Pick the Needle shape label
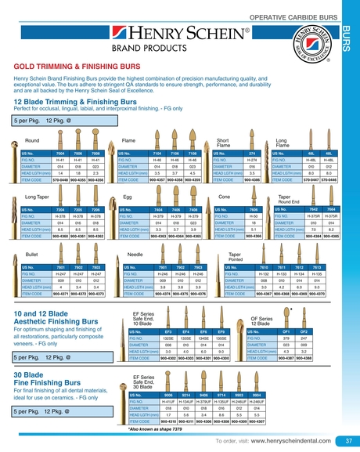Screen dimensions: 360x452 pyautogui.click(x=135, y=255)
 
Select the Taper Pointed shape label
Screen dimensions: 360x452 pyautogui.click(x=235, y=257)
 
